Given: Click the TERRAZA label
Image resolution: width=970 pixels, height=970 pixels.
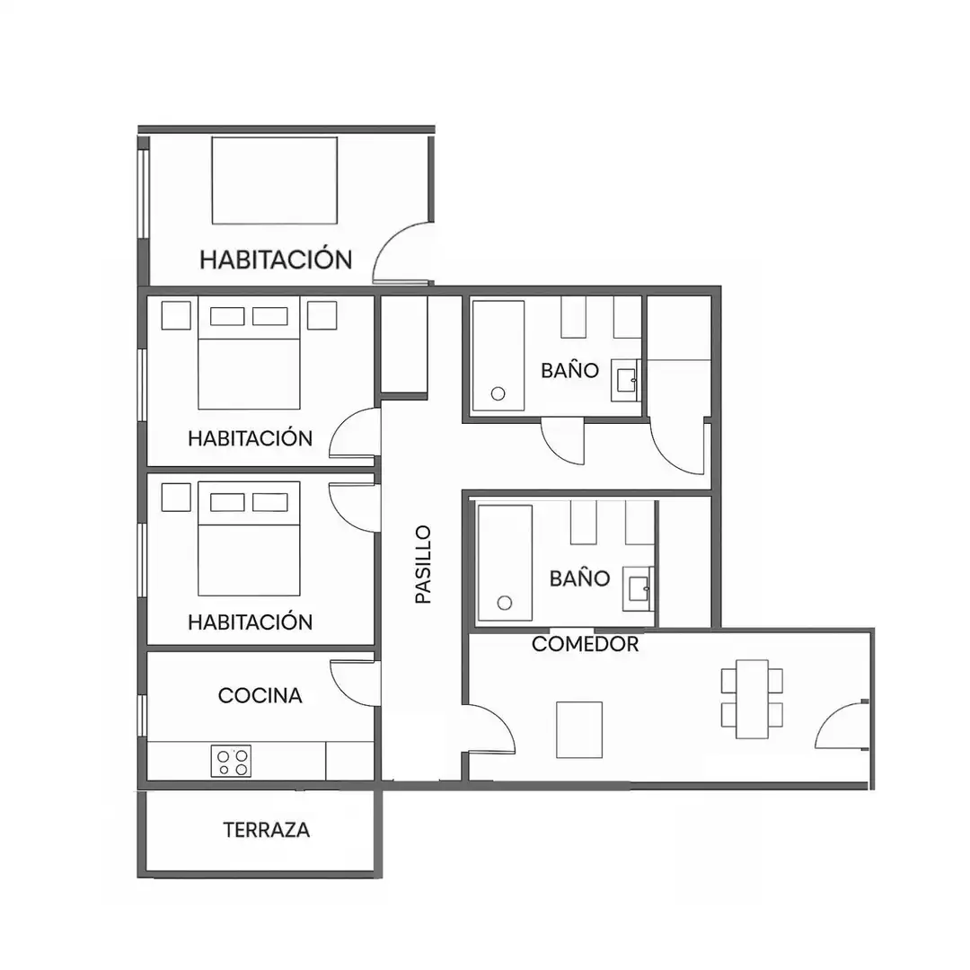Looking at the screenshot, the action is click(266, 830).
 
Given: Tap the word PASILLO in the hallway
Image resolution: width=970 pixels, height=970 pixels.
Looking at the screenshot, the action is click(423, 564).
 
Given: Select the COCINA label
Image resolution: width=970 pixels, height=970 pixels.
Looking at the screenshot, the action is click(260, 695).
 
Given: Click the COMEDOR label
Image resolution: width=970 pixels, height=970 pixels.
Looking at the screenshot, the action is click(585, 644).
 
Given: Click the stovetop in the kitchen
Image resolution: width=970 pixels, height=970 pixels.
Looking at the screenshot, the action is click(232, 761).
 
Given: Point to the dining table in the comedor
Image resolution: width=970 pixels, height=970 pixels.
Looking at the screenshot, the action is click(752, 699).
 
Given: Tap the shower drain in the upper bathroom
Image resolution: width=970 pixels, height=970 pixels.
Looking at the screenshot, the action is click(498, 393).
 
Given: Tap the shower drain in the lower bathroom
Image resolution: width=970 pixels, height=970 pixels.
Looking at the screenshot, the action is click(505, 603).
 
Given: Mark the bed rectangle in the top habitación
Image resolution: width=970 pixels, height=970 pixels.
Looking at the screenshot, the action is click(275, 180).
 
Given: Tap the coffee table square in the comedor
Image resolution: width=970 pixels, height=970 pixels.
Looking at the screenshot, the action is click(579, 729).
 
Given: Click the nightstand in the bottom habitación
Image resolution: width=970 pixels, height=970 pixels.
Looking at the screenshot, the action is click(176, 497).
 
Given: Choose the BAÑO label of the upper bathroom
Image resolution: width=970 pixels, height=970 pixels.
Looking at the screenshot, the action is click(569, 371).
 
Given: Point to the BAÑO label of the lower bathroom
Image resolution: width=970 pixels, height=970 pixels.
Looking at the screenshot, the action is click(579, 578).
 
